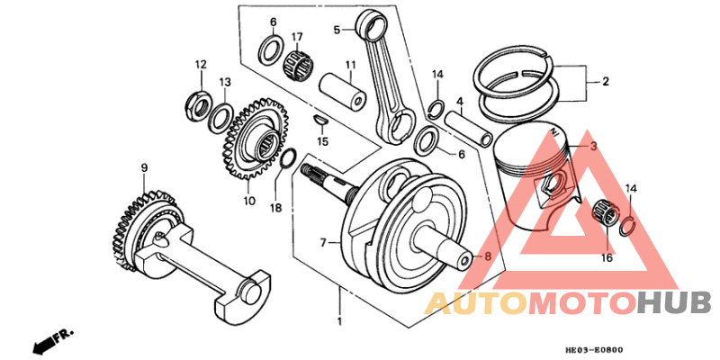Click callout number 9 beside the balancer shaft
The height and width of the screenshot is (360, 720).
[143, 167]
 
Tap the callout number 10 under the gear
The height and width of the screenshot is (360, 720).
[249, 201]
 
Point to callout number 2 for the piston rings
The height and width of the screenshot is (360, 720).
[605, 82]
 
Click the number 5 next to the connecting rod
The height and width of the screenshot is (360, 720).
[337, 30]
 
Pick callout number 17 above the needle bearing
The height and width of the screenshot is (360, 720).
[296, 37]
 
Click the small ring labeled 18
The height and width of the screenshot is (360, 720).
[287, 159]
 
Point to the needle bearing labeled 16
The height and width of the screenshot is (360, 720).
[607, 213]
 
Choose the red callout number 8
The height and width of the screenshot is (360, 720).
[488, 256]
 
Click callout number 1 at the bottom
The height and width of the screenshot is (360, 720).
[339, 321]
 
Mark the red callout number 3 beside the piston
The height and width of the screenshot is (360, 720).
[593, 147]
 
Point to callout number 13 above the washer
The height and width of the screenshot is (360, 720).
[225, 82]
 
